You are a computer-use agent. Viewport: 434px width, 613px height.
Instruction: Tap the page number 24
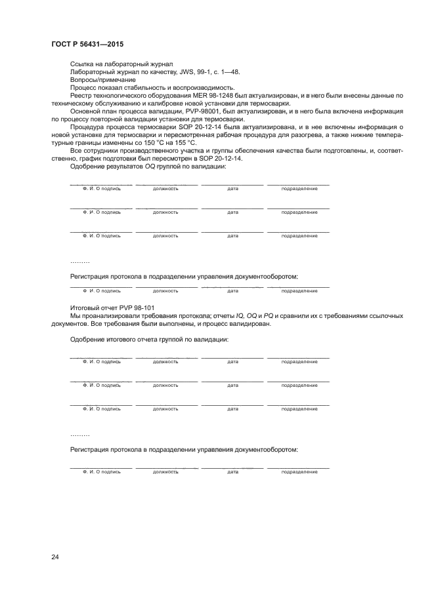[x=55, y=557]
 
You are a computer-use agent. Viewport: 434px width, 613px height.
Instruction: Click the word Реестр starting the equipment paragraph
[x=81, y=95]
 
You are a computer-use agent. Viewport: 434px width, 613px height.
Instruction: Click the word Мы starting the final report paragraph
[x=74, y=316]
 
